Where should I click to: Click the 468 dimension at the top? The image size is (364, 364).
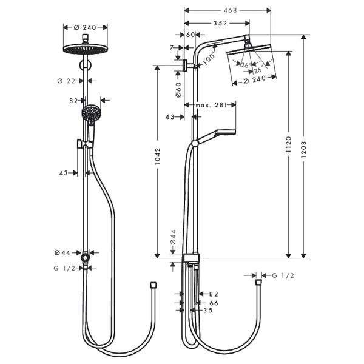(228, 10)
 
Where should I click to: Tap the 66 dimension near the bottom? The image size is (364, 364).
(214, 302)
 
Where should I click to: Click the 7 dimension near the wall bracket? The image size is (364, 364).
(172, 47)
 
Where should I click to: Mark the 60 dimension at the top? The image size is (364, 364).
(189, 35)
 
